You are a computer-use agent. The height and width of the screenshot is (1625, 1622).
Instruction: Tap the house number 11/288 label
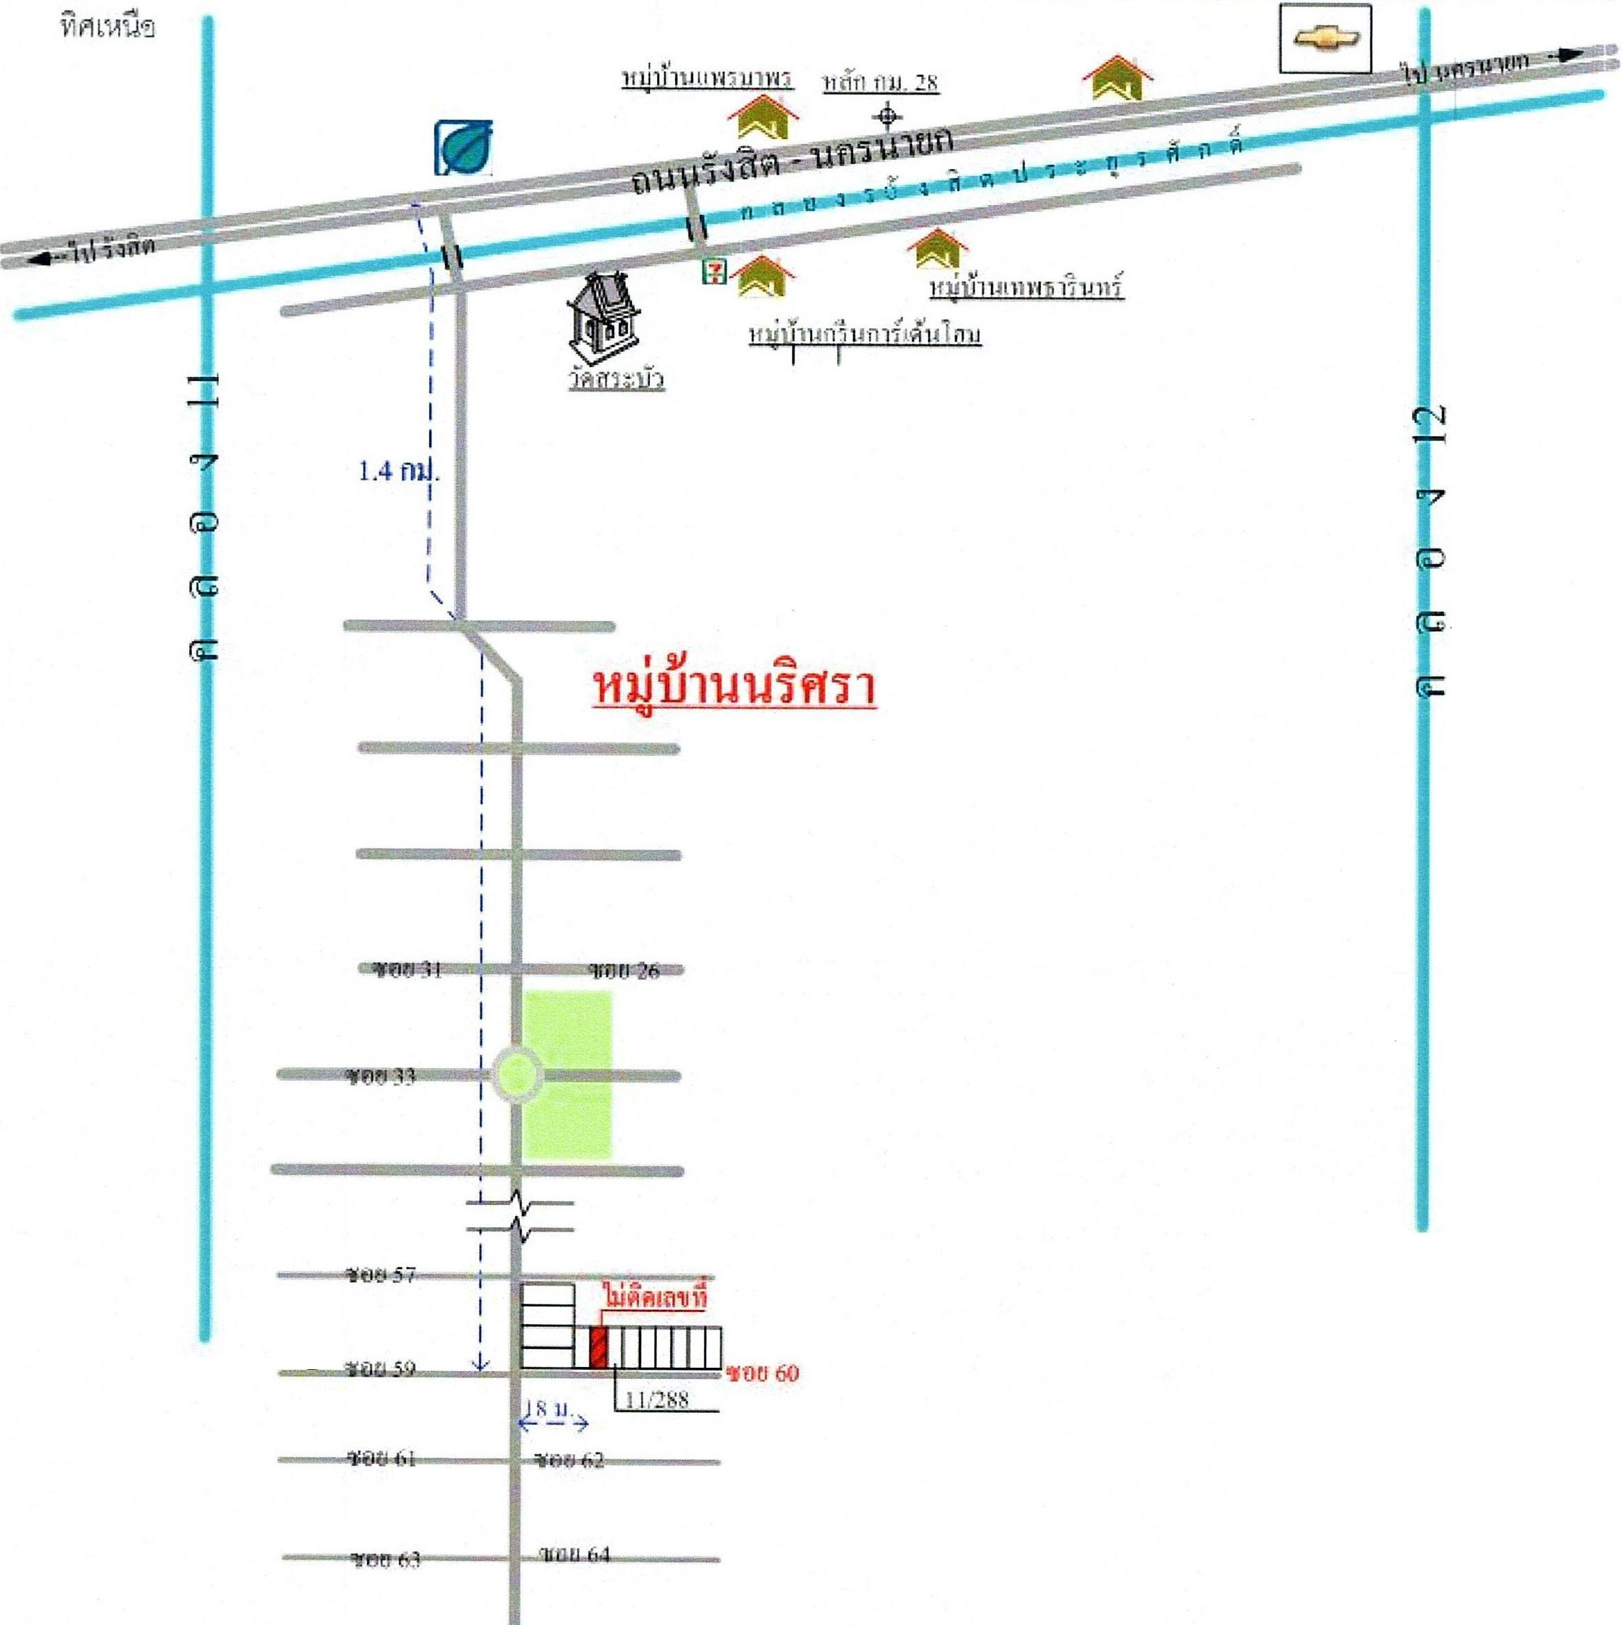pyautogui.click(x=658, y=1400)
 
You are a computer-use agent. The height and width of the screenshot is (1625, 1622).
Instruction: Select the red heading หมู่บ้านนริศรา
pyautogui.click(x=734, y=687)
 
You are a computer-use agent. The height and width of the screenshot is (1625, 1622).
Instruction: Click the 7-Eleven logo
pyautogui.click(x=715, y=271)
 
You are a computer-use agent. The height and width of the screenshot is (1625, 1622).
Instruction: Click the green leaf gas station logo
pyautogui.click(x=463, y=148)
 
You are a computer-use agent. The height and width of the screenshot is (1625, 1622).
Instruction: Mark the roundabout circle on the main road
pyautogui.click(x=517, y=1074)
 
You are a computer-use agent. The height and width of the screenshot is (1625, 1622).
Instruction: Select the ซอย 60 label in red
pyautogui.click(x=763, y=1373)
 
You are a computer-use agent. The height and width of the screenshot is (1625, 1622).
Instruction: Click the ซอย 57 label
pyautogui.click(x=381, y=1275)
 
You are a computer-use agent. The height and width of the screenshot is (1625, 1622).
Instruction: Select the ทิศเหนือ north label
pyautogui.click(x=107, y=28)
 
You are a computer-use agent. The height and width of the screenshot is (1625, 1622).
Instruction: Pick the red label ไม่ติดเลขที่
pyautogui.click(x=654, y=1297)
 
